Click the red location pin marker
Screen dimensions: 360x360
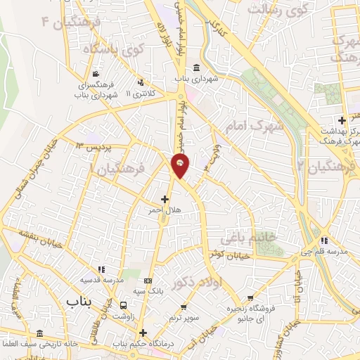click(181, 165)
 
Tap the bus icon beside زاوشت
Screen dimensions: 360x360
click(124, 306)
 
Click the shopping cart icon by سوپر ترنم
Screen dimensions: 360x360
click(183, 307)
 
